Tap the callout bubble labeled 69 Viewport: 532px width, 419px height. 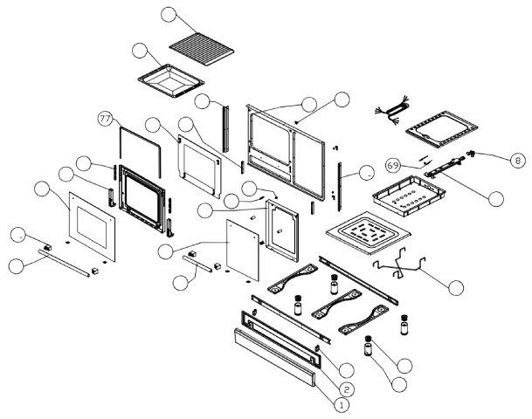(x=393, y=164)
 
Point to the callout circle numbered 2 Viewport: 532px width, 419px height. (x=347, y=388)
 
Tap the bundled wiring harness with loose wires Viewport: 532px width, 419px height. (x=390, y=110)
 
